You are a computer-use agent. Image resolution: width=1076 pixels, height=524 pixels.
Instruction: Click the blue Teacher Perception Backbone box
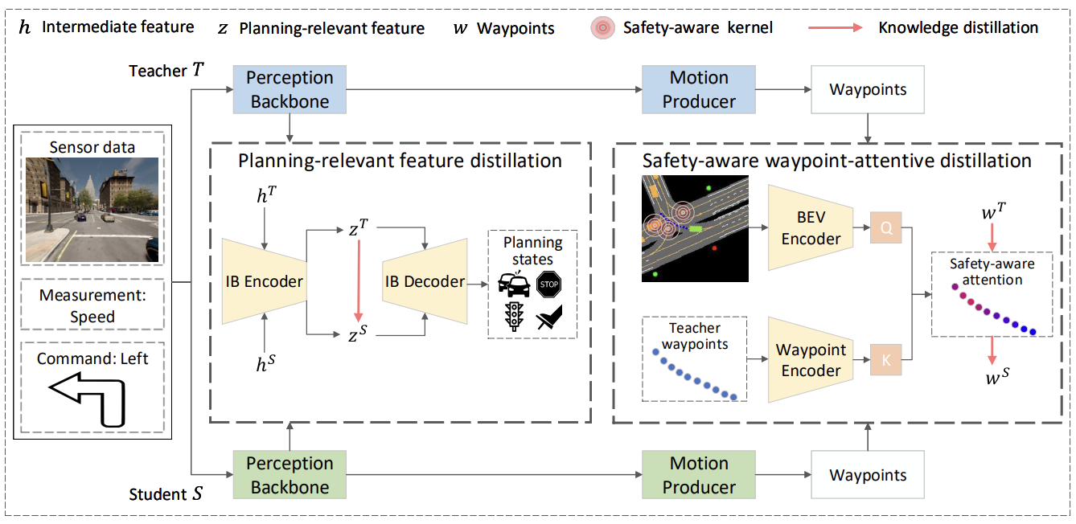pyautogui.click(x=290, y=89)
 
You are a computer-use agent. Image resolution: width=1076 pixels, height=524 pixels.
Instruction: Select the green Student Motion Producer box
pyautogui.click(x=699, y=475)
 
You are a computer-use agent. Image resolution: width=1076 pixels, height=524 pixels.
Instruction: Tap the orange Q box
pyautogui.click(x=885, y=227)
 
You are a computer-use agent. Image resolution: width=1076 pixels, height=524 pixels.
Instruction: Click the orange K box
pyautogui.click(x=885, y=359)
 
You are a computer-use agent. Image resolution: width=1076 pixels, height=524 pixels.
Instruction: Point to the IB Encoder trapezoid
pyautogui.click(x=265, y=281)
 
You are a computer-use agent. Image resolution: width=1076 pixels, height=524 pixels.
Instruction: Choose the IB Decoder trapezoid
pyautogui.click(x=425, y=281)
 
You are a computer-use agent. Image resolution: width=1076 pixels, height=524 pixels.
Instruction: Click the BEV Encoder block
pyautogui.click(x=811, y=227)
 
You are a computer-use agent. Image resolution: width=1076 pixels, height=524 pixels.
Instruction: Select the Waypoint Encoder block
pyautogui.click(x=811, y=359)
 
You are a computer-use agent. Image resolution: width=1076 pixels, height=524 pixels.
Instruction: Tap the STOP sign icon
pyautogui.click(x=548, y=284)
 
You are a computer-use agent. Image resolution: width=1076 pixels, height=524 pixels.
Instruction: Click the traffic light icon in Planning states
pyautogui.click(x=514, y=316)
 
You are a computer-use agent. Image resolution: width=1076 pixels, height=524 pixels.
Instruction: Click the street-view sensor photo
pyautogui.click(x=92, y=210)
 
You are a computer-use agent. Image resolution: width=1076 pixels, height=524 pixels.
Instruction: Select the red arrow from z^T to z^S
pyautogui.click(x=359, y=280)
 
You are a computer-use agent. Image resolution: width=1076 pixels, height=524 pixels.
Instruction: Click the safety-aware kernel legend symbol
pyautogui.click(x=602, y=28)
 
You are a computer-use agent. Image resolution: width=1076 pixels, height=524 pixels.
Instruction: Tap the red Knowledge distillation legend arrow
pyautogui.click(x=836, y=28)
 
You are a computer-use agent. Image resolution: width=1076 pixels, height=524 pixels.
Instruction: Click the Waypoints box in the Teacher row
pyautogui.click(x=868, y=90)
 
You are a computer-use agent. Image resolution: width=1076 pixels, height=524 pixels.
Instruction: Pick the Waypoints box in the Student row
pyautogui.click(x=868, y=475)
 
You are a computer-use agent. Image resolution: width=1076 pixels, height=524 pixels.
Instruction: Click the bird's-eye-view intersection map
pyautogui.click(x=695, y=228)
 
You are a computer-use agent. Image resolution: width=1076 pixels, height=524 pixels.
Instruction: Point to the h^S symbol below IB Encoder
pyautogui.click(x=265, y=363)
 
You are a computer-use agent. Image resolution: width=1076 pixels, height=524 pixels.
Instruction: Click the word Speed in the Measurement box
pyautogui.click(x=92, y=317)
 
